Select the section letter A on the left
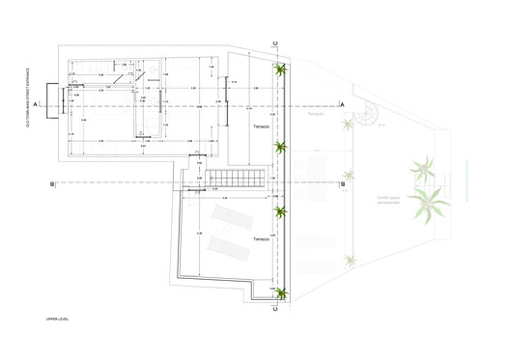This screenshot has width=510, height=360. tap(35, 102)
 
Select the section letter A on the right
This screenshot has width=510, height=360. tap(343, 103)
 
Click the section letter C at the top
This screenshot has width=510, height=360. tap(275, 44)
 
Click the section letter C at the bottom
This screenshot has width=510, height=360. tap(275, 311)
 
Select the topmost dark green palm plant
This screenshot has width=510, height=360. tap(280, 69)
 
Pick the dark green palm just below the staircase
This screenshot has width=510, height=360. tap(281, 212)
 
